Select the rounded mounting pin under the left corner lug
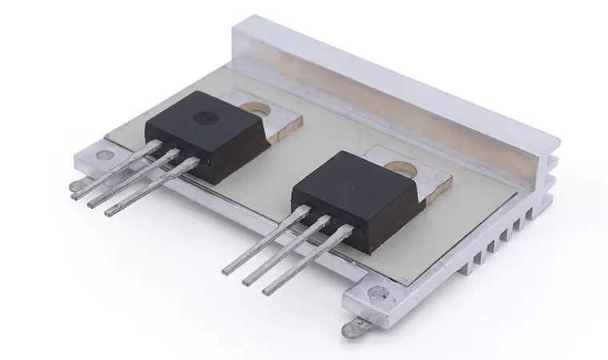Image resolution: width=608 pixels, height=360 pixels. pos(74,193)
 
